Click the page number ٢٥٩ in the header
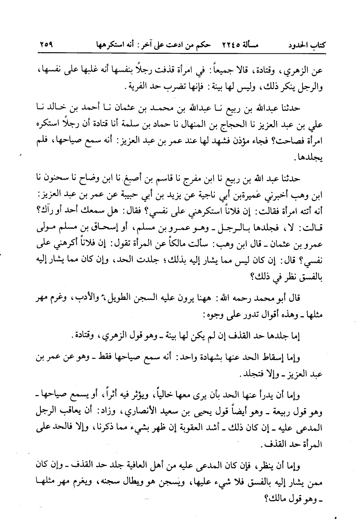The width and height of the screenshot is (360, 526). click(x=46, y=44)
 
